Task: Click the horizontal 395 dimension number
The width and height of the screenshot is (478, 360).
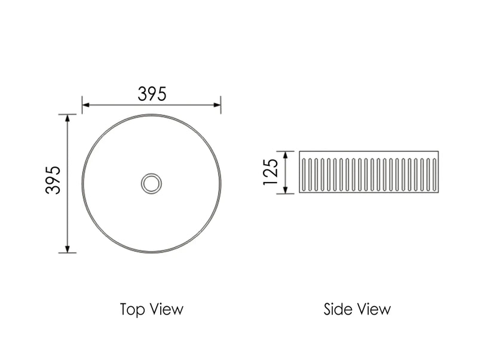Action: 152,94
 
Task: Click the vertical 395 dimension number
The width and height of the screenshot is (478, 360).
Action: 53,180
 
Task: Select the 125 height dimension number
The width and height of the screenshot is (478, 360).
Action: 271,172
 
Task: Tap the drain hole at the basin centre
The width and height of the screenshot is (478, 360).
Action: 151,183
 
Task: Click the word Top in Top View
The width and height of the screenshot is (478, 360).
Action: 132,309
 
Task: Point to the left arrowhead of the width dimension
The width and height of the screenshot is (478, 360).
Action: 85,105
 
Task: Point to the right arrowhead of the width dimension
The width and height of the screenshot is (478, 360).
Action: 217,105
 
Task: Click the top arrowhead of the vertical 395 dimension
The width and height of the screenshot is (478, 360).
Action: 68,118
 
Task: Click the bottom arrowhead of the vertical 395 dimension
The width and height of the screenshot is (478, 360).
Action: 68,249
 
